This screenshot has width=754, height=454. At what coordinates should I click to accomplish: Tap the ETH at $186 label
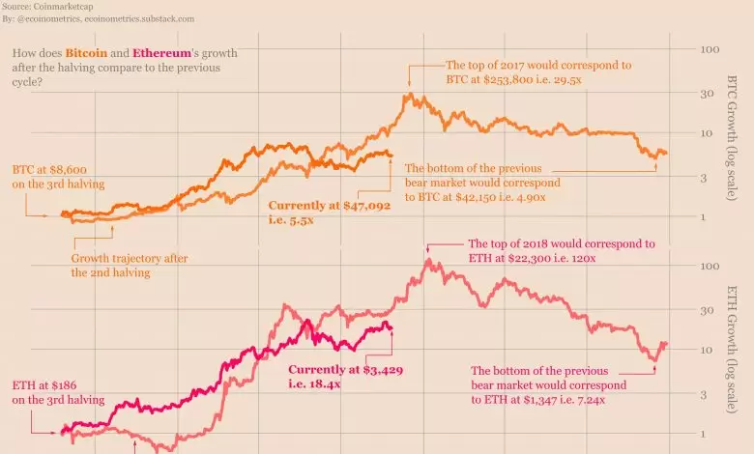pyautogui.click(x=45, y=385)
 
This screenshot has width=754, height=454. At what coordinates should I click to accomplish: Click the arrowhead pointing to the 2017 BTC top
pyautogui.click(x=409, y=85)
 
